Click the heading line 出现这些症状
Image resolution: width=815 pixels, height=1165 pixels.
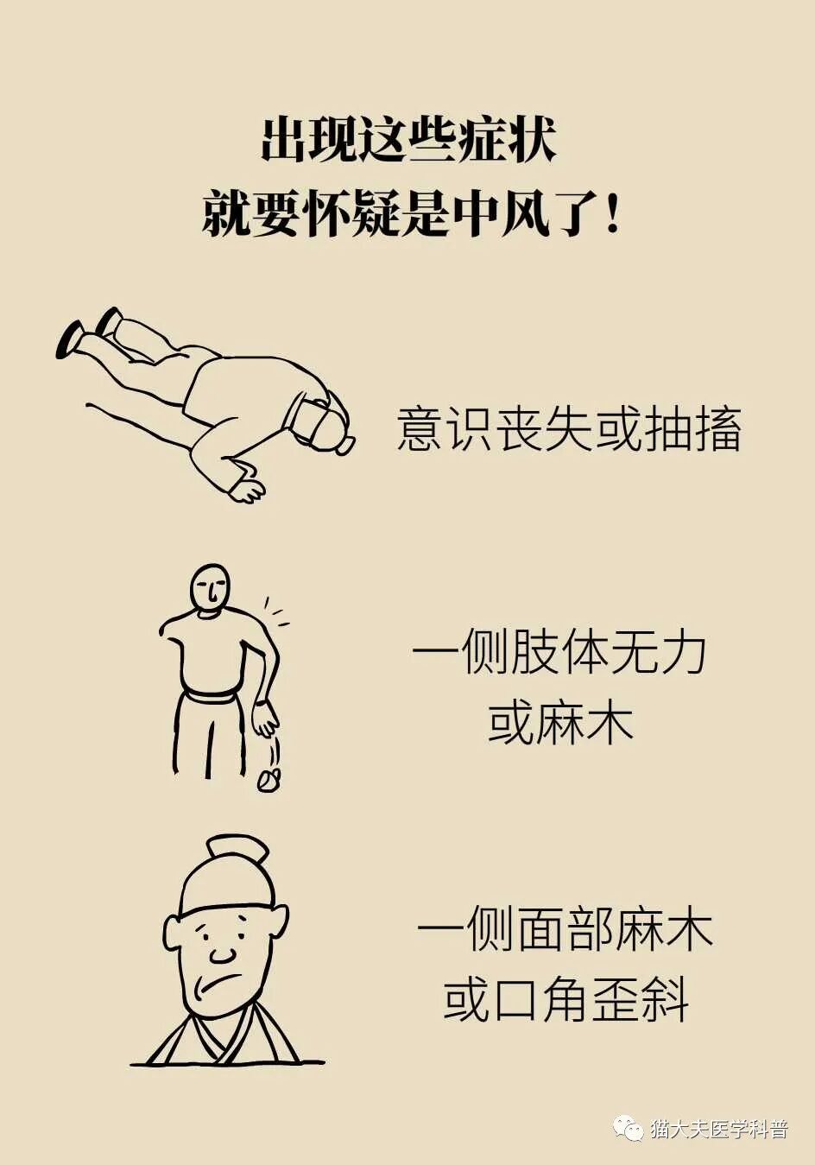click(x=407, y=140)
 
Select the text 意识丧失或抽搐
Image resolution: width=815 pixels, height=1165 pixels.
click(x=569, y=429)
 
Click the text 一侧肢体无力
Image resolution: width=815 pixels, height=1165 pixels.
click(x=559, y=653)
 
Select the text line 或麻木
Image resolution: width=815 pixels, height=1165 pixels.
click(x=559, y=724)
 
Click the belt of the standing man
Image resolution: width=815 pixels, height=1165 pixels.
click(x=211, y=694)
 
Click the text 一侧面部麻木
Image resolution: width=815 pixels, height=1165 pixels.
click(x=565, y=931)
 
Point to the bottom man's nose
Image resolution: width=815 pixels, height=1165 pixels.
click(x=223, y=953)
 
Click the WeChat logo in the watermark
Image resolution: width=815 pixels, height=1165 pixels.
click(x=628, y=1128)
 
